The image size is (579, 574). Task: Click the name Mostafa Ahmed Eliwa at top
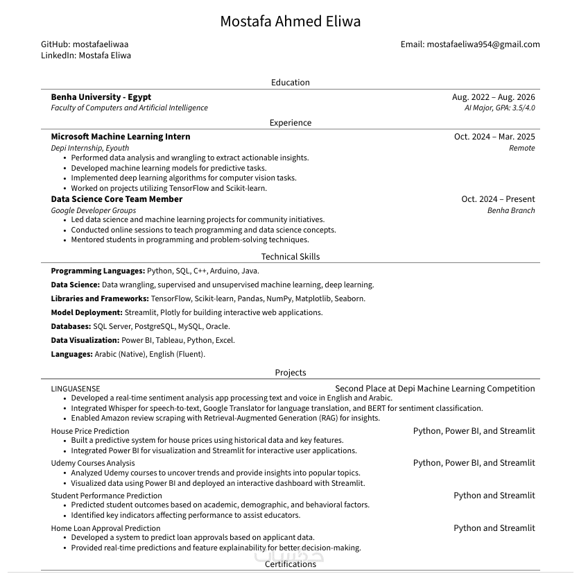point(290,22)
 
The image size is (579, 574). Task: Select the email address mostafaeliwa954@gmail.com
point(483,44)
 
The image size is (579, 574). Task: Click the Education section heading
point(290,83)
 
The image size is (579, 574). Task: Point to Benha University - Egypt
point(101,97)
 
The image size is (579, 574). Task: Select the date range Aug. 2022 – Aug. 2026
point(493,97)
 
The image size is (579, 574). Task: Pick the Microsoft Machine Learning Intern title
point(120,137)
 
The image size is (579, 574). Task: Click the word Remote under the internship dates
point(521,148)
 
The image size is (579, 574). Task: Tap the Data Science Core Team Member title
point(116,199)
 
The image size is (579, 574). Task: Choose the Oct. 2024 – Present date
point(498,199)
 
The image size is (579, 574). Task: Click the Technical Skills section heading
point(290,257)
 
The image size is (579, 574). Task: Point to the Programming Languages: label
point(98,271)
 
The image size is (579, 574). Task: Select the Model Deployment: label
point(87,313)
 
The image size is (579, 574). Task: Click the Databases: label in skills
point(71,326)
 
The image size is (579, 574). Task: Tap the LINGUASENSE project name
point(75,389)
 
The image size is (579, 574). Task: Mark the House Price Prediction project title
point(90,431)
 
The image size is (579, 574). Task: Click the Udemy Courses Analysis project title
point(93,463)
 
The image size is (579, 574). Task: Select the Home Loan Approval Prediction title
point(105,528)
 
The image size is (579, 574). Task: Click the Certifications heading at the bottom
point(290,564)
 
